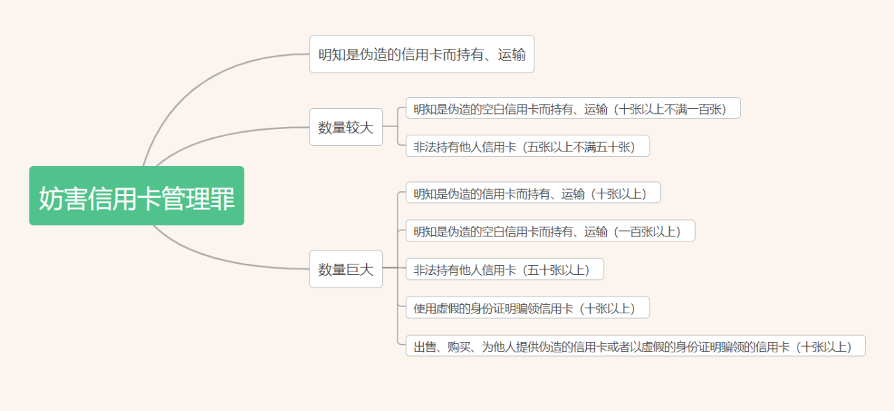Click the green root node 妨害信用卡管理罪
[x=136, y=196]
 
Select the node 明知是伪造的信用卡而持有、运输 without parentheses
[x=422, y=54]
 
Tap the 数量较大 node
[x=346, y=127]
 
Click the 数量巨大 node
[x=346, y=269]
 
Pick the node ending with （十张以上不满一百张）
[x=573, y=108]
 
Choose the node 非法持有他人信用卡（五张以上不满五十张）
[x=527, y=146]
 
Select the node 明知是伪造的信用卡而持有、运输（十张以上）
[x=533, y=193]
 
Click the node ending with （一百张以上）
[x=550, y=230]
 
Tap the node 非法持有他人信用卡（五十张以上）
[x=505, y=269]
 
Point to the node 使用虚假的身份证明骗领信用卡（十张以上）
[x=527, y=307]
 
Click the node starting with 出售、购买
[x=636, y=345]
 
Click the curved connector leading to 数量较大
[x=223, y=135]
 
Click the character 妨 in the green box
[x=51, y=198]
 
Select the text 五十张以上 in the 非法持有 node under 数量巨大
[x=558, y=270]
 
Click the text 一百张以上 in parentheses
[x=650, y=231]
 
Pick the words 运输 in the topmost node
[x=512, y=54]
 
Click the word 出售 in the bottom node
[x=425, y=347]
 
